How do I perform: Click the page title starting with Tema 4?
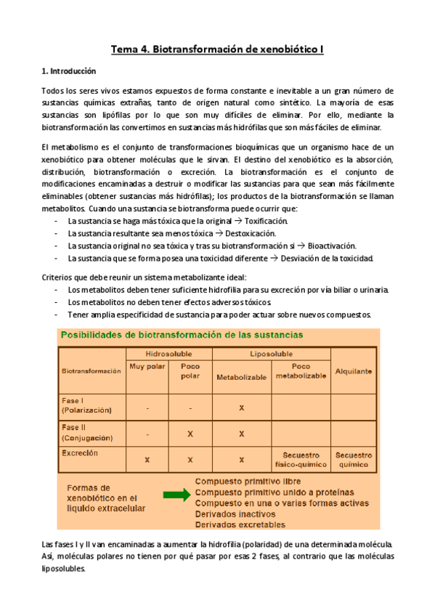pyautogui.click(x=217, y=49)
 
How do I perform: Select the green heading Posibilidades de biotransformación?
pyautogui.click(x=182, y=335)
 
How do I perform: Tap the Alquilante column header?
pyautogui.click(x=354, y=370)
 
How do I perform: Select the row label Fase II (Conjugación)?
pyautogui.click(x=87, y=433)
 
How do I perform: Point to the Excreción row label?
pyautogui.click(x=81, y=453)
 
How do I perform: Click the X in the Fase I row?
pyautogui.click(x=241, y=408)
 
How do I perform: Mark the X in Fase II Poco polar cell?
pyautogui.click(x=190, y=434)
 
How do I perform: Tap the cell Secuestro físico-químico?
pyautogui.click(x=301, y=458)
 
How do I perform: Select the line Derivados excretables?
pyautogui.click(x=240, y=524)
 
